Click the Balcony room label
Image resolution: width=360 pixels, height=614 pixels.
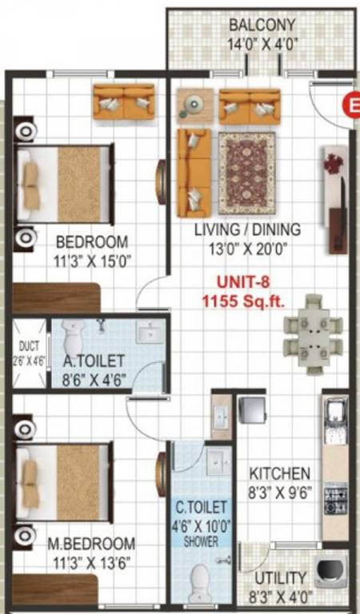[262, 25]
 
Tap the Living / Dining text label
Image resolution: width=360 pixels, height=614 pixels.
[248, 229]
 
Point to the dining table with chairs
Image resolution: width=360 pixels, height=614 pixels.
[313, 333]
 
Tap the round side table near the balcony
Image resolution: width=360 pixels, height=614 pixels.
[194, 104]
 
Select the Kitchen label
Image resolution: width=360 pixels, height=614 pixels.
[279, 473]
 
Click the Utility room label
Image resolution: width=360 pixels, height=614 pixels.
[279, 577]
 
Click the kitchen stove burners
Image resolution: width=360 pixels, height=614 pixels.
[334, 499]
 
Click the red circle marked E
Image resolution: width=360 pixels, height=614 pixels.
[350, 105]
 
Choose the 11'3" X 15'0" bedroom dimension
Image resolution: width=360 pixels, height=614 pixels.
[91, 259]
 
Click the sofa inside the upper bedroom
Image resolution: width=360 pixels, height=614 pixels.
[123, 102]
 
